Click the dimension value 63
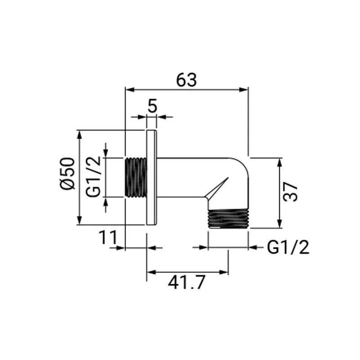coord(186,80)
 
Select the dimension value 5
coord(152,106)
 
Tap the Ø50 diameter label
coord(68,174)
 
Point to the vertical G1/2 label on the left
coord(94,176)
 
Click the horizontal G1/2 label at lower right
coord(288,247)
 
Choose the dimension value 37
coord(290,192)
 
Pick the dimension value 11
coord(108,238)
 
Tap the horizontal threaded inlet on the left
coord(136,177)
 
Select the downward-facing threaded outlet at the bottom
coord(228,219)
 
